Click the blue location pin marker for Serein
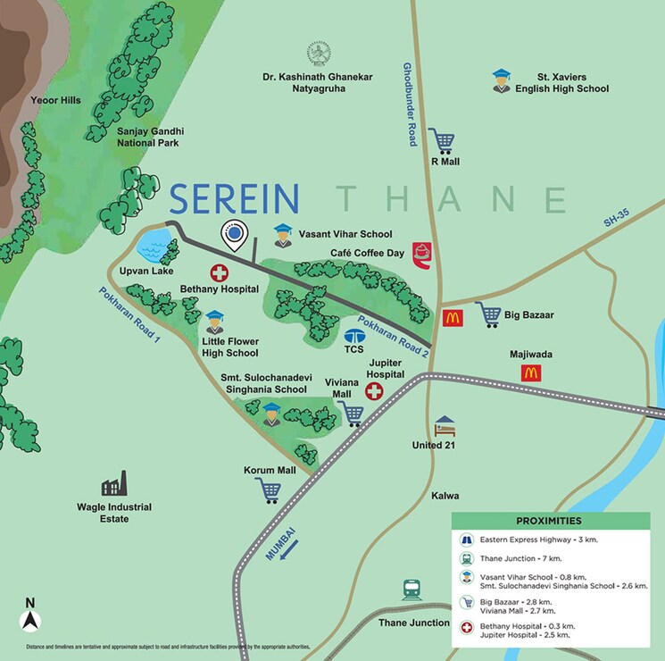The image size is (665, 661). coord(234,235)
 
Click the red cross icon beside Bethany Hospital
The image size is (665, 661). coord(218,273)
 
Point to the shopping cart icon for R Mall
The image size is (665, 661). coord(441,140)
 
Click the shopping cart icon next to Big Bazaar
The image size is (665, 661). coord(489,314)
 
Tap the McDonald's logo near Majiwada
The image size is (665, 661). coord(532,373)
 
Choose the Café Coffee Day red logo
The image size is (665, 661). coord(422,254)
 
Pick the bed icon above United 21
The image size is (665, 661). coord(444,425)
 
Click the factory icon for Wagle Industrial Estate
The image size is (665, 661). coord(113,487)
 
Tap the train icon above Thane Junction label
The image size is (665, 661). coord(412,590)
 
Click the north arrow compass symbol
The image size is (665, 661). coord(30,617)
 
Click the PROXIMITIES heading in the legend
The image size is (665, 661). coord(548,521)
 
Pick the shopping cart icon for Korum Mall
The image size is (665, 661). coord(268,490)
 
